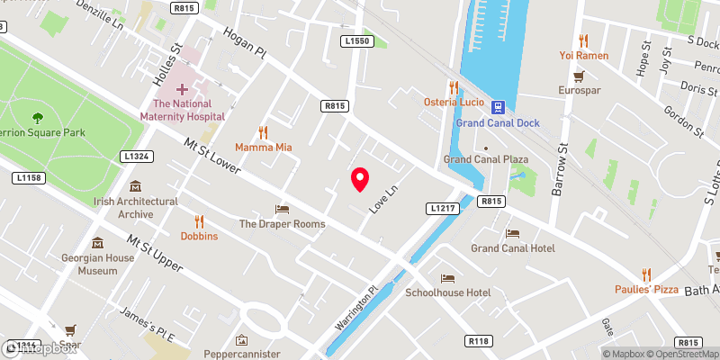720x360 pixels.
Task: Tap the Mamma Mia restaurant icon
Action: [264, 131]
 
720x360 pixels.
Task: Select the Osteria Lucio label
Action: [455, 103]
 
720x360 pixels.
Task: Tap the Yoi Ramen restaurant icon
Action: [583, 40]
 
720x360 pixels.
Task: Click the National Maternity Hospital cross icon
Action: [183, 89]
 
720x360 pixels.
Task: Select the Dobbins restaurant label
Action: [199, 236]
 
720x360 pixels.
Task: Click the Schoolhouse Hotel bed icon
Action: [447, 278]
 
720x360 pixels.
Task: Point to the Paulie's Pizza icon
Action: [646, 274]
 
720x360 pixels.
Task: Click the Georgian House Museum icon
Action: [98, 243]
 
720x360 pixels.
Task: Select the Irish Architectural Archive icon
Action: [135, 186]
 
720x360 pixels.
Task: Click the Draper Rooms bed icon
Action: [281, 209]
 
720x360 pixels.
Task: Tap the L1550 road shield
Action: [356, 40]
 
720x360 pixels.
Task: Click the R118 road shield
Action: [478, 341]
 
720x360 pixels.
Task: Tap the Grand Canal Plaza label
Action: [485, 159]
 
